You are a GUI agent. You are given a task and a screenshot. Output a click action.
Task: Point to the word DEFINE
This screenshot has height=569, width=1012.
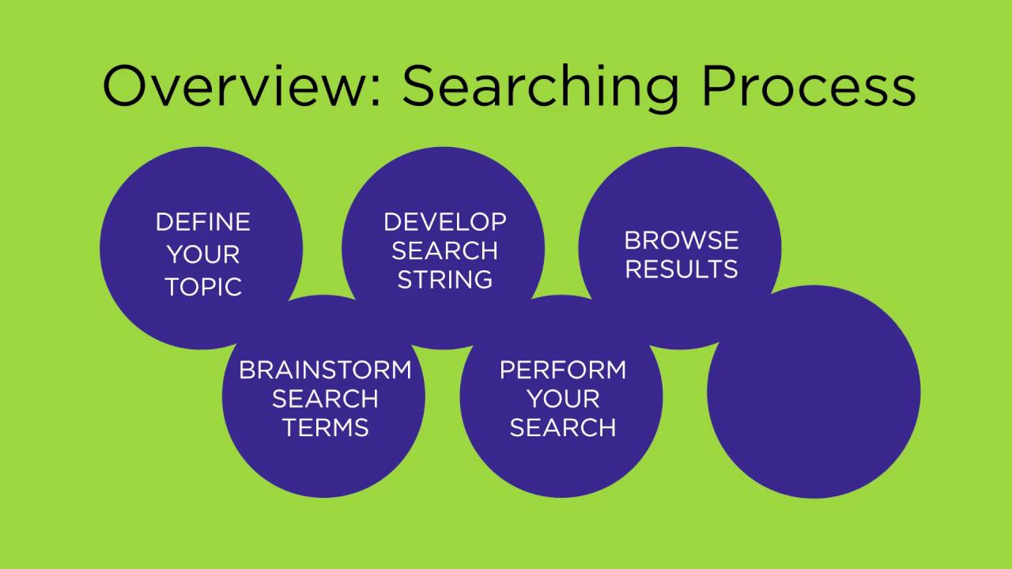pos(202,222)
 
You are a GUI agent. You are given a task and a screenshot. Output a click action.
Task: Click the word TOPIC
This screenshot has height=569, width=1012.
pos(202,287)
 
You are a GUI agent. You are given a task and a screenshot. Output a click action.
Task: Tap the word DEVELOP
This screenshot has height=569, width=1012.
pos(444,222)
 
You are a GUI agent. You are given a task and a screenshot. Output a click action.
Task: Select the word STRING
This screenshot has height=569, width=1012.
pos(444,280)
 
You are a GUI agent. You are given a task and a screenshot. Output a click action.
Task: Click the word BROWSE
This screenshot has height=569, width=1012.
pos(681,240)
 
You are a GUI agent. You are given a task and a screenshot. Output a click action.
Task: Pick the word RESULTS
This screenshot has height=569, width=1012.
pos(681,269)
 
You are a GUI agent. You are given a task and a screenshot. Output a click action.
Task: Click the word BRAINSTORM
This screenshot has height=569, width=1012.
pos(325,370)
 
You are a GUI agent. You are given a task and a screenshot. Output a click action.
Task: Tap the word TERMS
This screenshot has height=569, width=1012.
pos(325,428)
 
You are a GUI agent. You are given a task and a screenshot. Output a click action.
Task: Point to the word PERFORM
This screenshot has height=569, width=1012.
pos(562,370)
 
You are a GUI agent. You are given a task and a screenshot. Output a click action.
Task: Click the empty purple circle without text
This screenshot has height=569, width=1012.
pos(814,392)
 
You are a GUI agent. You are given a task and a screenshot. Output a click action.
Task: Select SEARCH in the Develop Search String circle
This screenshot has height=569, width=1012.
pos(444,251)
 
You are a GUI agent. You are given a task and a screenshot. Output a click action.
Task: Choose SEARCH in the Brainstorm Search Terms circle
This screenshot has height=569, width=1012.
pos(325,399)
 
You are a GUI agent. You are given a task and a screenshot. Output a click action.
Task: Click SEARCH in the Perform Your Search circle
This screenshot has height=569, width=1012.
pos(562,428)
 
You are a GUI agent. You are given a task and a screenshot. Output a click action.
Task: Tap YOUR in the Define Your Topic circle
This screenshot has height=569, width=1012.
pos(202,254)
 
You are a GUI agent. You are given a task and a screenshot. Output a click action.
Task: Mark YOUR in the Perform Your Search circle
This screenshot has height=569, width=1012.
pos(562,399)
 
